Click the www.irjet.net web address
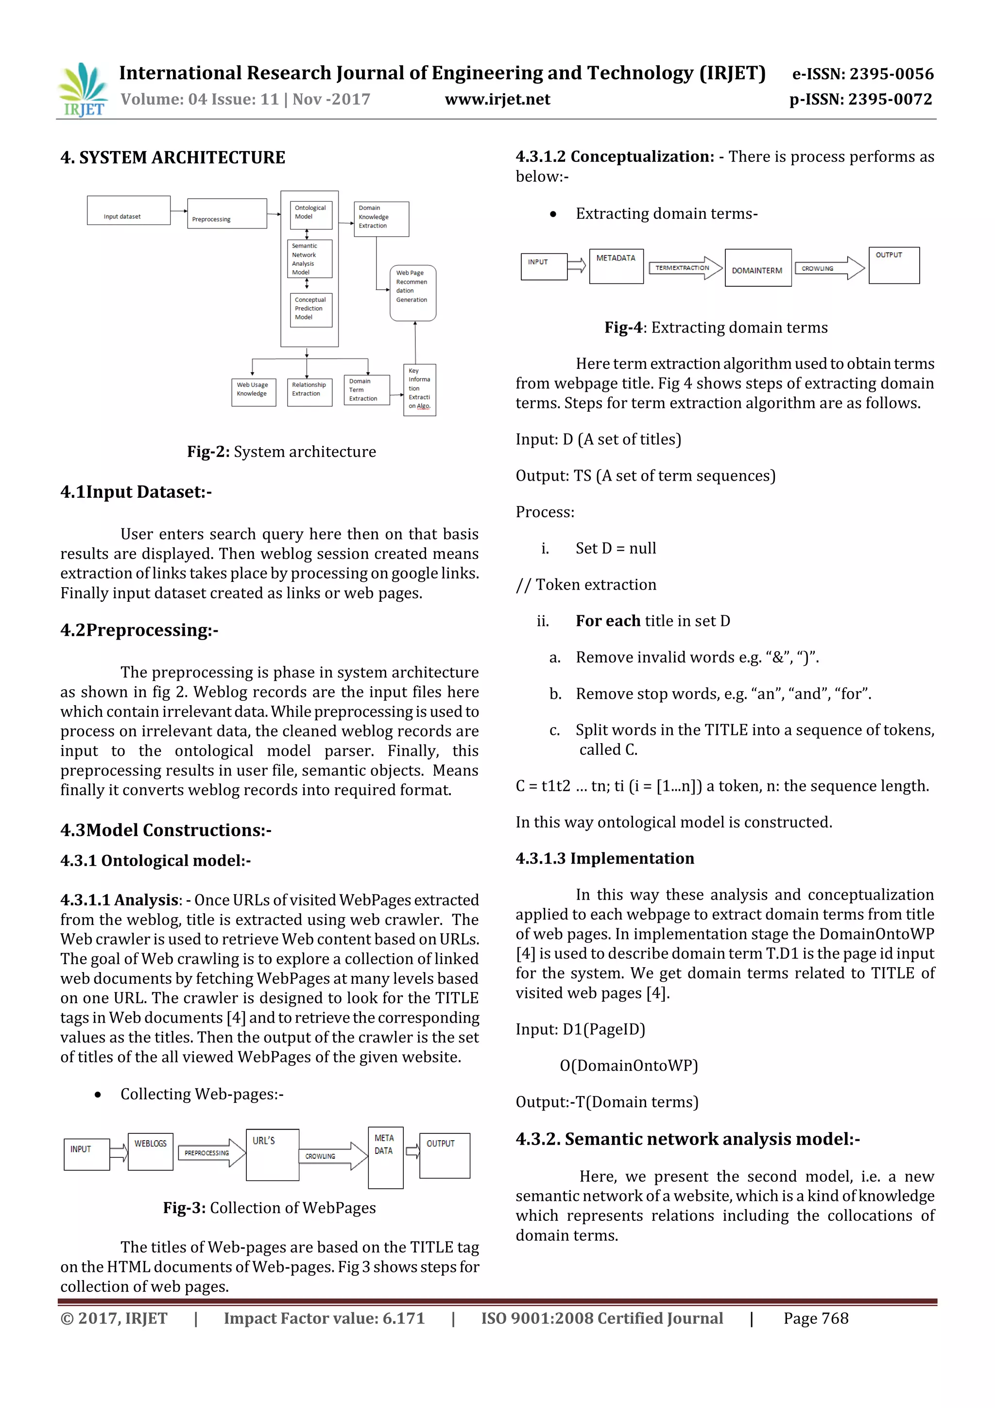(497, 99)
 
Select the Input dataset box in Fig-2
(128, 210)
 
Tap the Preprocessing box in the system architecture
(227, 213)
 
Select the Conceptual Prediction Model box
(310, 310)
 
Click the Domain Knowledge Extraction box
(381, 219)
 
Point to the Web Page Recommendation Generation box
(412, 293)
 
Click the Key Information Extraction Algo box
(419, 390)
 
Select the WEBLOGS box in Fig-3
(150, 1151)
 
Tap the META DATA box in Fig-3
(385, 1157)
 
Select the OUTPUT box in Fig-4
(893, 265)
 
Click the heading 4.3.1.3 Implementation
(604, 858)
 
